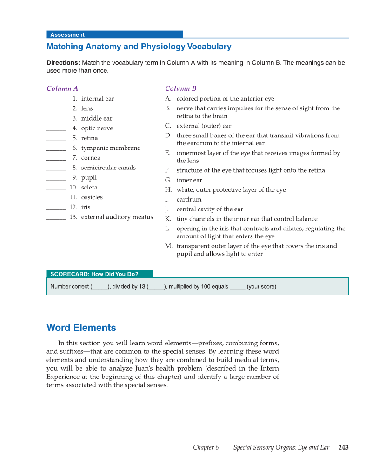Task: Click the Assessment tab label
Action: click(x=67, y=35)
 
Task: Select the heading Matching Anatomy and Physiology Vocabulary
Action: click(x=139, y=47)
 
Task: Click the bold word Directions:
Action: click(x=63, y=63)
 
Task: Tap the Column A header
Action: click(x=62, y=88)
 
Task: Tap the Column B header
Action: click(x=180, y=88)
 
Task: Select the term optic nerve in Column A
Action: click(x=97, y=128)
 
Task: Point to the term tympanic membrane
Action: click(x=111, y=148)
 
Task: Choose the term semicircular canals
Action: click(x=108, y=168)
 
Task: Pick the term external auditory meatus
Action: click(x=117, y=217)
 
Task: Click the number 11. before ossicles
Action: click(x=73, y=197)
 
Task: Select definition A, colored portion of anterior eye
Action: click(x=225, y=99)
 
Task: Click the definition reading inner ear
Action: click(x=189, y=180)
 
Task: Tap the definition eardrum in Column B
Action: click(x=189, y=200)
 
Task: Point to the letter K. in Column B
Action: click(x=168, y=219)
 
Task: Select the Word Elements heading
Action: click(x=81, y=328)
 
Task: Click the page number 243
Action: click(x=343, y=448)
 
